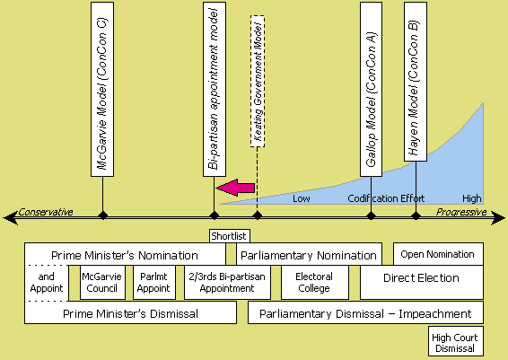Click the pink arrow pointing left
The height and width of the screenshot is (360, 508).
pyautogui.click(x=235, y=188)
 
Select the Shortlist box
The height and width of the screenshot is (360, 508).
pyautogui.click(x=230, y=236)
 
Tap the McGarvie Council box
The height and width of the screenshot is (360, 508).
pyautogui.click(x=102, y=282)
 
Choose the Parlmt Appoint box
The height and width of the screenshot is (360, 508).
pyautogui.click(x=153, y=282)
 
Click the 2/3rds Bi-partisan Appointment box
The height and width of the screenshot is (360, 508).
pyautogui.click(x=227, y=282)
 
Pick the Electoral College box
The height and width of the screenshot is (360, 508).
pyautogui.click(x=315, y=282)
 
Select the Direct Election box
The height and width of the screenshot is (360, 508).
pyautogui.click(x=422, y=282)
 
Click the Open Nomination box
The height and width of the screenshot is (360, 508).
pyautogui.click(x=438, y=254)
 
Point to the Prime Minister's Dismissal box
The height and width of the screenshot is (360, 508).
pyautogui.click(x=130, y=312)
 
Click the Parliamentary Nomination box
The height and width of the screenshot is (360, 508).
pyautogui.click(x=309, y=255)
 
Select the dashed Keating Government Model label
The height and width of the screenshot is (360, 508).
pyautogui.click(x=258, y=81)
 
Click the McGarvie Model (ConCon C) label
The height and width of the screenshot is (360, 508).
pyautogui.click(x=102, y=89)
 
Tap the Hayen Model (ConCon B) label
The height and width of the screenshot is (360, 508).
pyautogui.click(x=416, y=82)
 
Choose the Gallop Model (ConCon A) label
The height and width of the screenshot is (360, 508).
pyautogui.click(x=371, y=89)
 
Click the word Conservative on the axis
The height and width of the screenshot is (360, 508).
pyautogui.click(x=46, y=212)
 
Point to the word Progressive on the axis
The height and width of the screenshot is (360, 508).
pyautogui.click(x=461, y=212)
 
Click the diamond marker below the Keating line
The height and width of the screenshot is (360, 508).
pyautogui.click(x=258, y=215)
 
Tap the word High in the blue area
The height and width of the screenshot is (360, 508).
pyautogui.click(x=472, y=198)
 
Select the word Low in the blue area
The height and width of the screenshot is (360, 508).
pyautogui.click(x=302, y=198)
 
